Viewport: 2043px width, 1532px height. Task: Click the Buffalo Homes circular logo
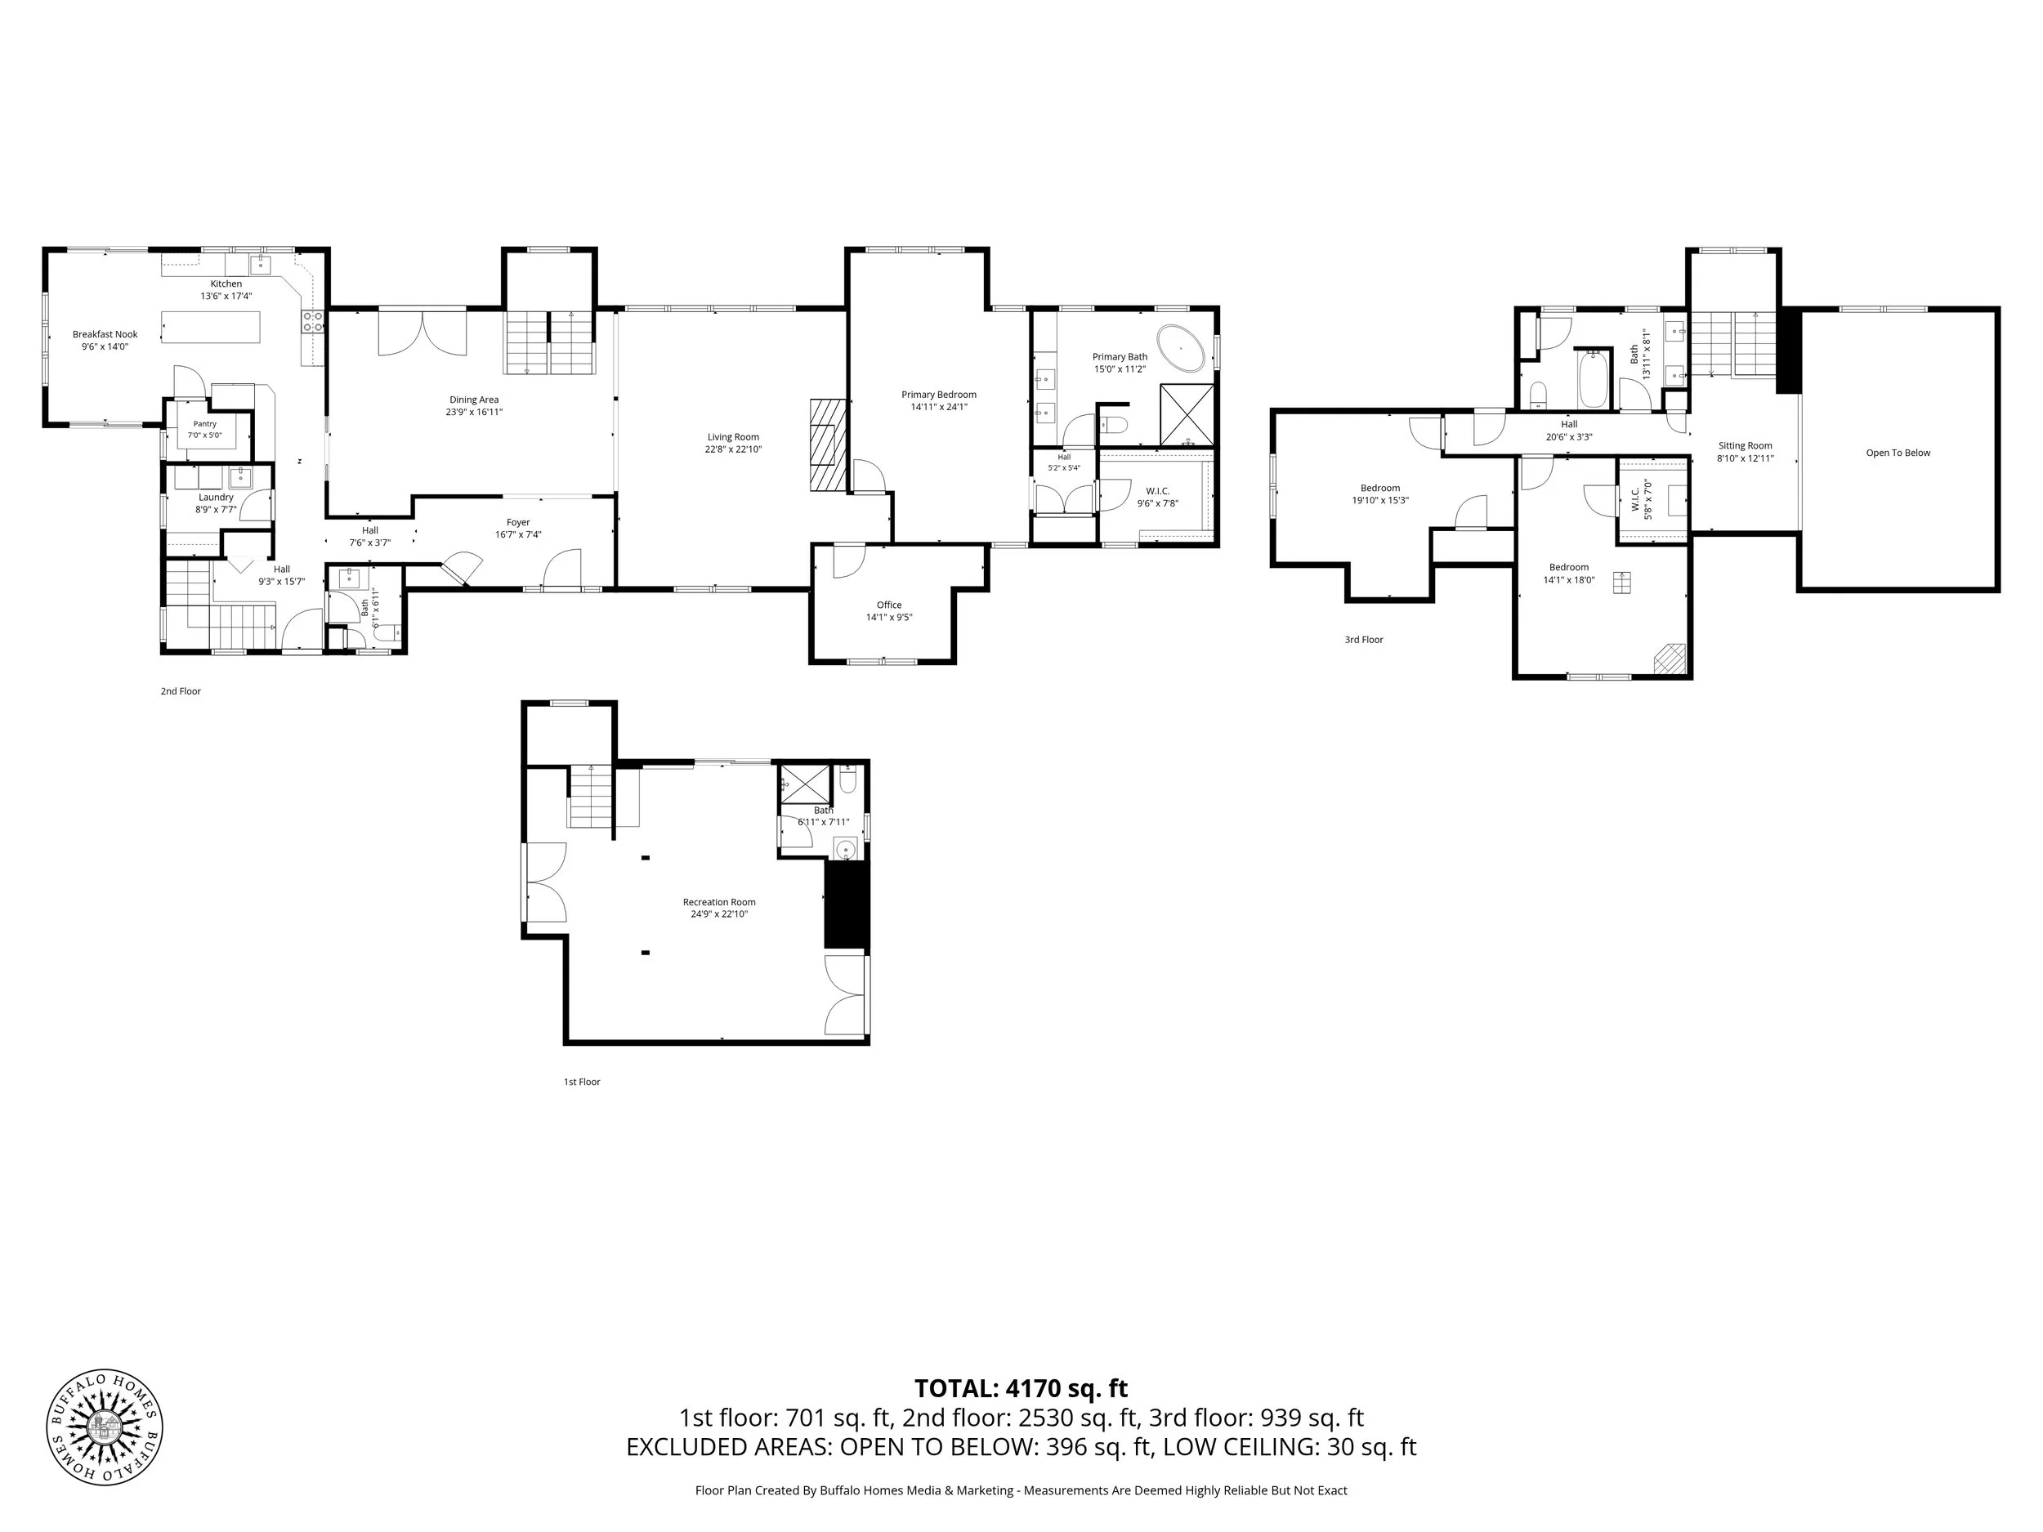pyautogui.click(x=105, y=1427)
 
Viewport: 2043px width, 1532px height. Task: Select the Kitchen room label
pyautogui.click(x=226, y=284)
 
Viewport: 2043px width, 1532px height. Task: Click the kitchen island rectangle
pyautogui.click(x=211, y=327)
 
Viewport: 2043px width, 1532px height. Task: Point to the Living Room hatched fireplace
pyautogui.click(x=829, y=445)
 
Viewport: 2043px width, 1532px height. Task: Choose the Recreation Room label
pyautogui.click(x=719, y=902)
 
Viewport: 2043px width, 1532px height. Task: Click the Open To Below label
pyautogui.click(x=1898, y=453)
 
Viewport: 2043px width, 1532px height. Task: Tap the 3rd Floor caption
pyautogui.click(x=1364, y=640)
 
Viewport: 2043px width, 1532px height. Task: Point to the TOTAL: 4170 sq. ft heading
pyautogui.click(x=1021, y=1389)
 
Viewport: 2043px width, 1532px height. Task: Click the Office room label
pyautogui.click(x=889, y=605)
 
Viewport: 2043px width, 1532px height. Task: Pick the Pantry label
pyautogui.click(x=205, y=424)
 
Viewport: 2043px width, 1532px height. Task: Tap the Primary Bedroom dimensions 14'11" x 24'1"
pyautogui.click(x=939, y=407)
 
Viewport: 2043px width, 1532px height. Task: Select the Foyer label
pyautogui.click(x=518, y=523)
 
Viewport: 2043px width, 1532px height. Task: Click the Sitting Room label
pyautogui.click(x=1746, y=446)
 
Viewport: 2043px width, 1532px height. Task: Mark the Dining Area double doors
pyautogui.click(x=422, y=333)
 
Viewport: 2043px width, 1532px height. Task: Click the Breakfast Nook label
pyautogui.click(x=105, y=335)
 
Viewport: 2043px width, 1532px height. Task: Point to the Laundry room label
pyautogui.click(x=216, y=498)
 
